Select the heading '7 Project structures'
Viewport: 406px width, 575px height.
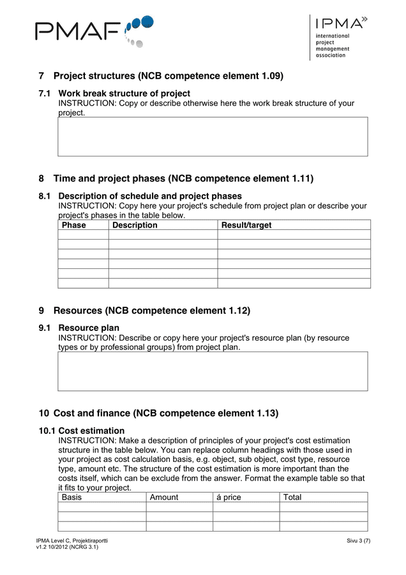168,76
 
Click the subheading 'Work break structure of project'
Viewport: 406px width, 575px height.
124,93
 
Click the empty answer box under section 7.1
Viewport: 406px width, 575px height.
213,137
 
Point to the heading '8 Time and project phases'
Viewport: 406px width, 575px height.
183,178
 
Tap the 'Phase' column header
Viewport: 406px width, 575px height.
74,226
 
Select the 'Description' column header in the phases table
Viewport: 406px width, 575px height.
135,226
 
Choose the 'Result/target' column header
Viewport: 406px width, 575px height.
246,226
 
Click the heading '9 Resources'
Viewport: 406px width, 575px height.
151,310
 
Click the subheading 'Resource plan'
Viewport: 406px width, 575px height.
89,328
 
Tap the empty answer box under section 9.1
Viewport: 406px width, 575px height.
213,371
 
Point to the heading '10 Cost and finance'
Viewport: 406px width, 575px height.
165,413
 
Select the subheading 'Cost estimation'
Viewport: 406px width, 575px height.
91,431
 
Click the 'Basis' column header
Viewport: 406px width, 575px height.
71,497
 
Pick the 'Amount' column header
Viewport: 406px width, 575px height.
164,497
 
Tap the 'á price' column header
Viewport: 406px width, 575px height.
229,497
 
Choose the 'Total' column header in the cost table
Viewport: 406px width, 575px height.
292,497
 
